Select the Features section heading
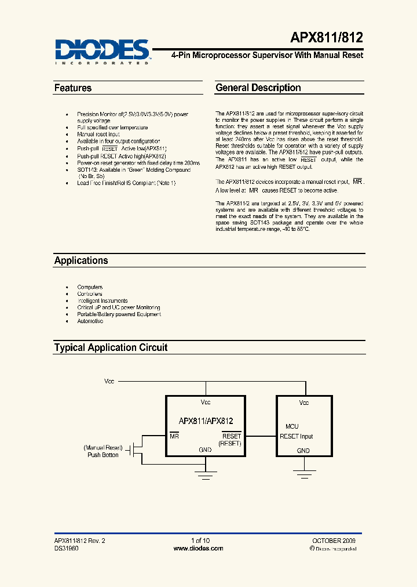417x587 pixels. point(73,88)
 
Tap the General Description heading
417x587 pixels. point(258,88)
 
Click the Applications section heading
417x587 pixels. point(81,260)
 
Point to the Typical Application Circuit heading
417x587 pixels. point(111,347)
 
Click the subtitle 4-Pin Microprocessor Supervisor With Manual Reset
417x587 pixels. point(267,55)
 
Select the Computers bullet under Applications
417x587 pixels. point(90,287)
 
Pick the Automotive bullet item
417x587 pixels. point(90,321)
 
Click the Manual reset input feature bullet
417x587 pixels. point(98,134)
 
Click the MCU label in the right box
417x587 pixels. point(292,426)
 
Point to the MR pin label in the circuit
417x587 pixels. point(174,436)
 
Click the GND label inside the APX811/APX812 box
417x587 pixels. point(205,450)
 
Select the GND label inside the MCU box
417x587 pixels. point(303,451)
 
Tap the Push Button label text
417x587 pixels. point(103,455)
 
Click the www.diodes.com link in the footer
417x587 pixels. point(199,548)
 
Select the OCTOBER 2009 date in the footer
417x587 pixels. point(338,541)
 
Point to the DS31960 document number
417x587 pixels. point(65,548)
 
